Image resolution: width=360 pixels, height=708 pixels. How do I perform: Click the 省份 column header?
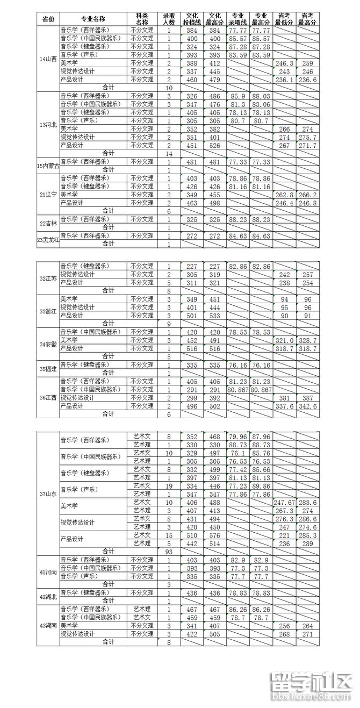(x=48, y=19)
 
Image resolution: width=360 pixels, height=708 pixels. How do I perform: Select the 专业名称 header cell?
(x=95, y=19)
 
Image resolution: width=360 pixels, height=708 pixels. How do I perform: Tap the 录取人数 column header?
(x=169, y=19)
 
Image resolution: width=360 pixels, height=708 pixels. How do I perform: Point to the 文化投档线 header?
(x=193, y=19)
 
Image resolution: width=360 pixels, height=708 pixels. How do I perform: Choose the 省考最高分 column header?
(x=308, y=19)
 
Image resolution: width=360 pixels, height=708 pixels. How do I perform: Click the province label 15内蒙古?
(x=48, y=166)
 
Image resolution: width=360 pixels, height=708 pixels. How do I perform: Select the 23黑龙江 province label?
(x=48, y=240)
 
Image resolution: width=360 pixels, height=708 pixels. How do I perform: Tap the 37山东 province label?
(x=48, y=494)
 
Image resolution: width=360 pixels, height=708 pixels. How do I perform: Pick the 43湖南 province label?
(x=48, y=625)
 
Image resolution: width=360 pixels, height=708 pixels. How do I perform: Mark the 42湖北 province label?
(x=48, y=596)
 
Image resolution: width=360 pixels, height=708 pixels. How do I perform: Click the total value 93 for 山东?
(x=169, y=551)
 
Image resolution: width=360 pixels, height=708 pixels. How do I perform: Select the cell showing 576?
(x=215, y=535)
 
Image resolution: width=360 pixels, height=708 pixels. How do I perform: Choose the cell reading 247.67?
(x=285, y=502)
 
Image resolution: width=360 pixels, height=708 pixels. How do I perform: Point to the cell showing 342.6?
(x=308, y=406)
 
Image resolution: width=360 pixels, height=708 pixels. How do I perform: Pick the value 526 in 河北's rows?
(x=215, y=145)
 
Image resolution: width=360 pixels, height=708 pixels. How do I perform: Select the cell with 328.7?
(x=308, y=340)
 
